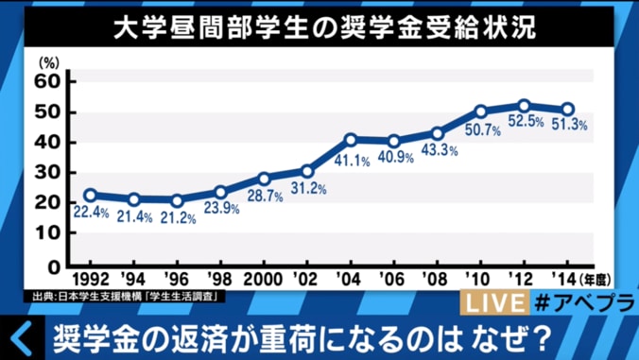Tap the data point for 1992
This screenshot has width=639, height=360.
(x=90, y=196)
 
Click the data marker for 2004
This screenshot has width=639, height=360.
(x=350, y=140)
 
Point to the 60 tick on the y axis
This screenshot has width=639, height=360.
(x=48, y=82)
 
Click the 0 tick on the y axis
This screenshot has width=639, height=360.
(x=54, y=266)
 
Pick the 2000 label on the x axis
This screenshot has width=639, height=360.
(x=263, y=281)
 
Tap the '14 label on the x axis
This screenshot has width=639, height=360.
(x=566, y=281)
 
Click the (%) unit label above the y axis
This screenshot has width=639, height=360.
(x=48, y=60)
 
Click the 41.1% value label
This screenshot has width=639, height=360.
(x=352, y=161)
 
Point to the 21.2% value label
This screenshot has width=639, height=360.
(x=177, y=219)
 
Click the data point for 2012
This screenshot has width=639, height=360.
(x=523, y=106)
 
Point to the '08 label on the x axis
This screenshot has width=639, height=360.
(x=437, y=281)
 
